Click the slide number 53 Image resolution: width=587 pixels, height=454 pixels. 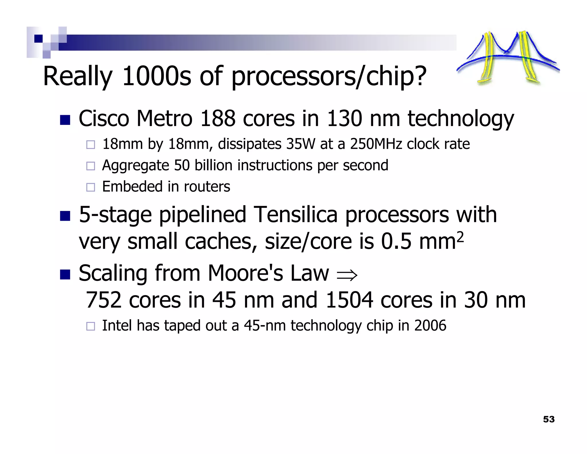(x=549, y=419)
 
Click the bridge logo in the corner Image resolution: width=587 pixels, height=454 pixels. (x=508, y=57)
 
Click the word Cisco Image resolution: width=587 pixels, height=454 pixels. (x=104, y=119)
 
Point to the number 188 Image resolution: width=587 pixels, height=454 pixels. (x=218, y=119)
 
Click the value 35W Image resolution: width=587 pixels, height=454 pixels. (x=300, y=144)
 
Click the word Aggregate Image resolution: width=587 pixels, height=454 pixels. (x=136, y=166)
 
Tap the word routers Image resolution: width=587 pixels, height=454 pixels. (x=207, y=187)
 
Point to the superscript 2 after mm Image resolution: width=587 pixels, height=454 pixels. (x=459, y=237)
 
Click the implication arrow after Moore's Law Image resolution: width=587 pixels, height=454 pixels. (x=347, y=275)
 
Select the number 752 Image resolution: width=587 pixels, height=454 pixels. (x=103, y=300)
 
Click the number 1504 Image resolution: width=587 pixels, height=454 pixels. (x=349, y=300)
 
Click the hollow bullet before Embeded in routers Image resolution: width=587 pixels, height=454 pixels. (x=91, y=187)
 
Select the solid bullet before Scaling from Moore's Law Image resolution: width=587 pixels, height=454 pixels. (x=65, y=274)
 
